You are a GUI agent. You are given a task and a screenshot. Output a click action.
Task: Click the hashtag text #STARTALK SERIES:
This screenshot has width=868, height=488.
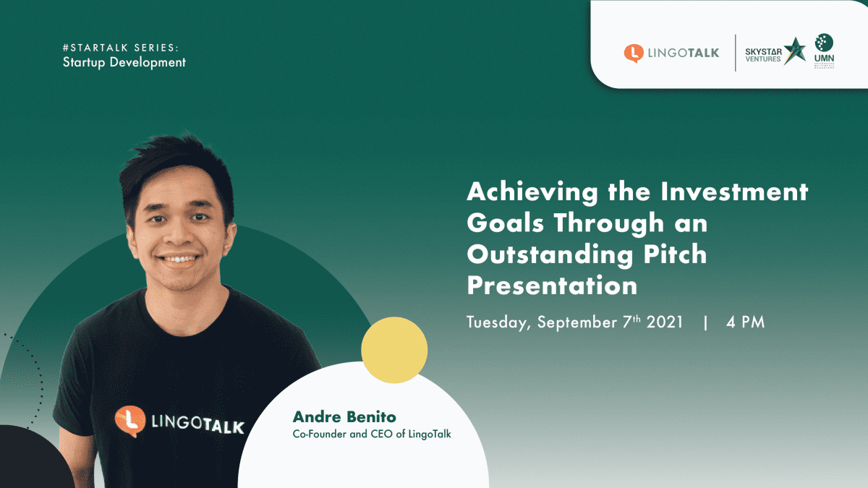121,48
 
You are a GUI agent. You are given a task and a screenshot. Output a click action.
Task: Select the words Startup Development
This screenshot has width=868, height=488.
124,62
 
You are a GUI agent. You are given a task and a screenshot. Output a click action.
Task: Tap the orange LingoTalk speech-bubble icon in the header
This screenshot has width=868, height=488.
634,53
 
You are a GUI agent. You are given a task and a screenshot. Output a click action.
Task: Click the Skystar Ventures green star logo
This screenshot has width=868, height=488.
794,51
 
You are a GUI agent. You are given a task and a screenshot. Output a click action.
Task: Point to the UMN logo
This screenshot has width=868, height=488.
824,51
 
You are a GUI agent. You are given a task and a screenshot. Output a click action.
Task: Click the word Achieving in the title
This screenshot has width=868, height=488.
532,192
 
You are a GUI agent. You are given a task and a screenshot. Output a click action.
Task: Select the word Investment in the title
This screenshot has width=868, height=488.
734,192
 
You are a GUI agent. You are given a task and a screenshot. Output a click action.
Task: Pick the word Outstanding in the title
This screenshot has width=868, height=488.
550,254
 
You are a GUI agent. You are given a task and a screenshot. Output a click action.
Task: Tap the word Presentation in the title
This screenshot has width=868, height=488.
552,286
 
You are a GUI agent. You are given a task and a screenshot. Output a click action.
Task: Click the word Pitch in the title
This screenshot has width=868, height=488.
675,254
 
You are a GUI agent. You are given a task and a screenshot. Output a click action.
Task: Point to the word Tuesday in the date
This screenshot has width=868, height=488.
498,323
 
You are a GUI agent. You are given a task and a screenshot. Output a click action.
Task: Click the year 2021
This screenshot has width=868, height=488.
665,322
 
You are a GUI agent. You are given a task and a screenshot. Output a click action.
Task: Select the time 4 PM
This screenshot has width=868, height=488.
745,322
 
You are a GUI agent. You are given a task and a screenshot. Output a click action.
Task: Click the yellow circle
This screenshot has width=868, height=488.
394,350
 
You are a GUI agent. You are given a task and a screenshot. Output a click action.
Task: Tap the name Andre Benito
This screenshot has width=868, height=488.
344,417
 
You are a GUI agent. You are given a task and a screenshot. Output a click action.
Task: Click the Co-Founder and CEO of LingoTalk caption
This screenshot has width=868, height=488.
372,435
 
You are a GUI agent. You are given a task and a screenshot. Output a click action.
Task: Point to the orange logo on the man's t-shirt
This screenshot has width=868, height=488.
130,421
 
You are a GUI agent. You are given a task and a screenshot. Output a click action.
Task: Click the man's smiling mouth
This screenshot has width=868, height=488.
178,259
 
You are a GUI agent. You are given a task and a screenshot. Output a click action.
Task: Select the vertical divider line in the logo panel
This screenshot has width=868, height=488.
735,53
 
